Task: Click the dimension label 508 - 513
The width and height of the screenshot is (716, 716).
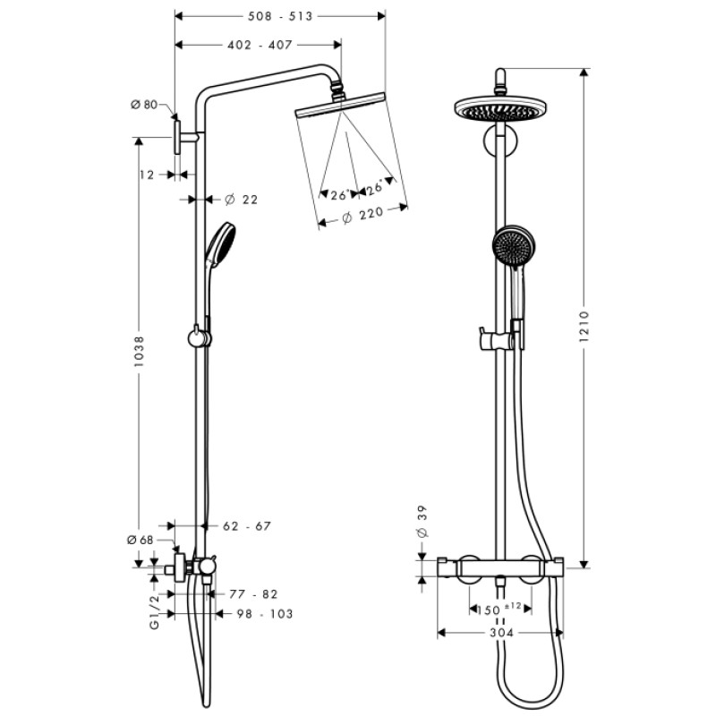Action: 280,17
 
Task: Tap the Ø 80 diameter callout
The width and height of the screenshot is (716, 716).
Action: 143,105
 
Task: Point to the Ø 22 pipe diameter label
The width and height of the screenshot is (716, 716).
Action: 241,199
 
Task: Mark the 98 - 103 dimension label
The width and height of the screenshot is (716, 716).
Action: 263,613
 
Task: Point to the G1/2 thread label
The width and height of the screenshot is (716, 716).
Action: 154,612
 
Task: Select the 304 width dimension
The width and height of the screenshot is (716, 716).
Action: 501,633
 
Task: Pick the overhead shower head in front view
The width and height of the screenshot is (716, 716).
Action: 500,108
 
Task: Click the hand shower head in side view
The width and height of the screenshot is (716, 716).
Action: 221,243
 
